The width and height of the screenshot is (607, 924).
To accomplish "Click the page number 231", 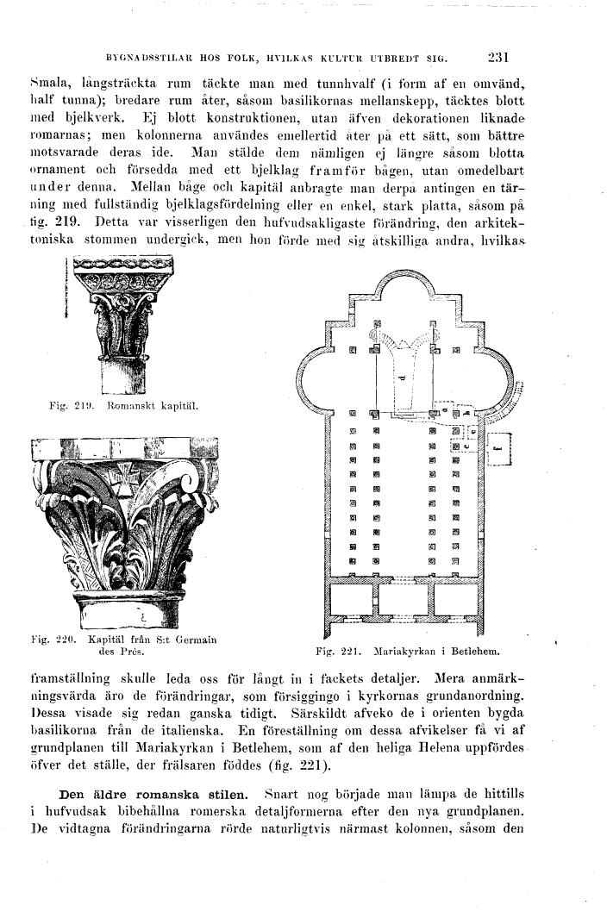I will click(499, 59).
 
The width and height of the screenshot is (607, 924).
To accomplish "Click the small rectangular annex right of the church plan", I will click(501, 448).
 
